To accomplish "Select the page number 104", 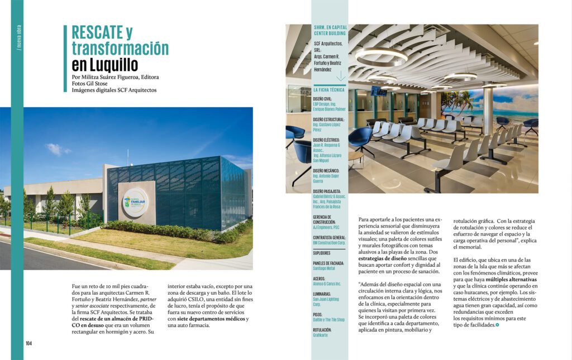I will pyautogui.click(x=28, y=343).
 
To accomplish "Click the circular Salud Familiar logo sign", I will pyautogui.click(x=135, y=200).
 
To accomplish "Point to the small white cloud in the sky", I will pyautogui.click(x=58, y=149).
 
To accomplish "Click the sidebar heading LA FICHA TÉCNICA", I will pyautogui.click(x=329, y=89).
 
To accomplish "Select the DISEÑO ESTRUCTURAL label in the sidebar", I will pyautogui.click(x=328, y=119).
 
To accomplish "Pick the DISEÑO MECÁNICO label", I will pyautogui.click(x=328, y=170).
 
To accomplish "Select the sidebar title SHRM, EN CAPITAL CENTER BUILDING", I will pyautogui.click(x=329, y=30).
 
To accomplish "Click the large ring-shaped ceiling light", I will pyautogui.click(x=382, y=56).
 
